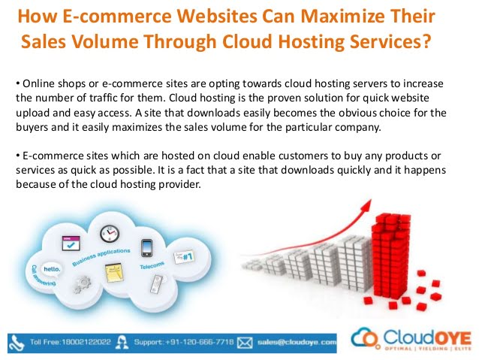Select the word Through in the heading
click(x=180, y=41)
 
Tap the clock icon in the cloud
click(x=110, y=234)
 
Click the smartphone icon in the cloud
click(x=146, y=248)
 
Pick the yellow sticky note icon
click(x=114, y=273)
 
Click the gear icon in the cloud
click(x=82, y=284)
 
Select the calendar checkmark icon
click(x=71, y=244)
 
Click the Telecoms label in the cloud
click(x=152, y=265)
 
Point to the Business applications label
click(x=101, y=256)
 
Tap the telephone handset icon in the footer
click(x=17, y=343)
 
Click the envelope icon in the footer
click(x=245, y=343)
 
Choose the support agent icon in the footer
click(x=122, y=343)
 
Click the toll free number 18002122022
click(x=86, y=342)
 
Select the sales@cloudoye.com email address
click(x=297, y=342)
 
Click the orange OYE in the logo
click(x=453, y=339)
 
